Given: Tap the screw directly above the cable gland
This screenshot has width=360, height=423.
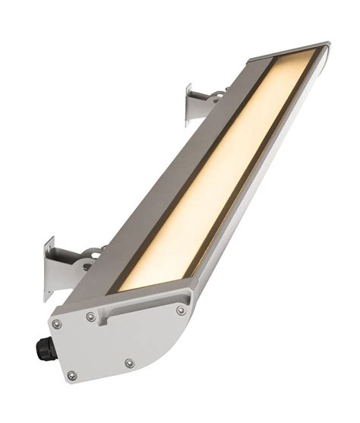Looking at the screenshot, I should pyautogui.click(x=55, y=324).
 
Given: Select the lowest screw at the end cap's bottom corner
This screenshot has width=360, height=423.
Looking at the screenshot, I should pyautogui.click(x=72, y=375).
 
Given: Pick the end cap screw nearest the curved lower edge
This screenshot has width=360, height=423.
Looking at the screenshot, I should pyautogui.click(x=129, y=364).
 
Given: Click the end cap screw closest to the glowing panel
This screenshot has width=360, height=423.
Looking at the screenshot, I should pyautogui.click(x=181, y=310).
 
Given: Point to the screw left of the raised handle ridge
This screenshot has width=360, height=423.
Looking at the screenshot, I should pyautogui.click(x=90, y=316).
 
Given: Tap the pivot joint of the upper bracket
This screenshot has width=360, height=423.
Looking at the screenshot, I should pyautogui.click(x=216, y=97).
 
